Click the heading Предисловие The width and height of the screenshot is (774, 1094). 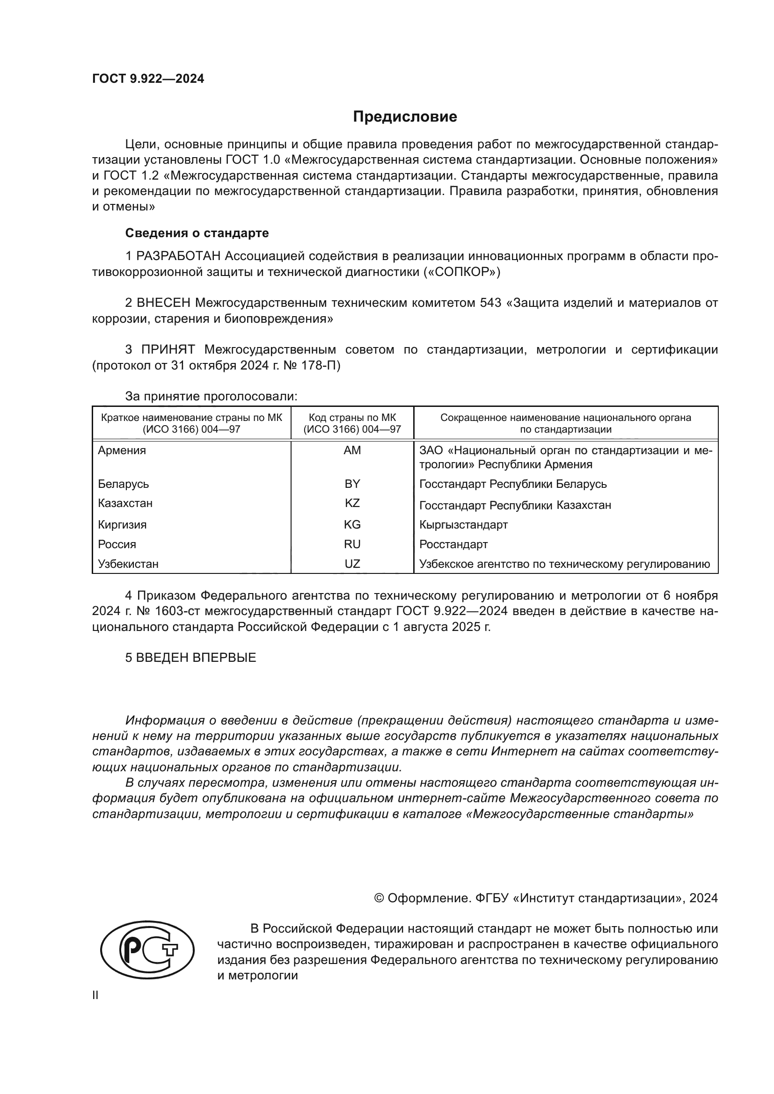[405, 117]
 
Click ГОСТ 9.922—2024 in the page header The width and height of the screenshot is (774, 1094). [148, 79]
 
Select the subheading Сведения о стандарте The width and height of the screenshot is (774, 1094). [197, 233]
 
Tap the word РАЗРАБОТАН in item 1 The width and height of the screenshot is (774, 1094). [178, 256]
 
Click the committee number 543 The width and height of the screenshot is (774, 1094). [490, 303]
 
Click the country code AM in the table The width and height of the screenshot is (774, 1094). [352, 450]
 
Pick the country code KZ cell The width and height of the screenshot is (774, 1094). [352, 503]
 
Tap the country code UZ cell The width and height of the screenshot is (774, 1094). [352, 564]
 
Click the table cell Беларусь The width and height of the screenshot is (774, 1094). [124, 484]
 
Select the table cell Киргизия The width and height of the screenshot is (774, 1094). [122, 525]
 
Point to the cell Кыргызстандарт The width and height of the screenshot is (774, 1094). [463, 525]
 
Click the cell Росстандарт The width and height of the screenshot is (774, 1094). [453, 544]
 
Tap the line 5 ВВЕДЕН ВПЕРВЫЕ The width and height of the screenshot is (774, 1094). [190, 658]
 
